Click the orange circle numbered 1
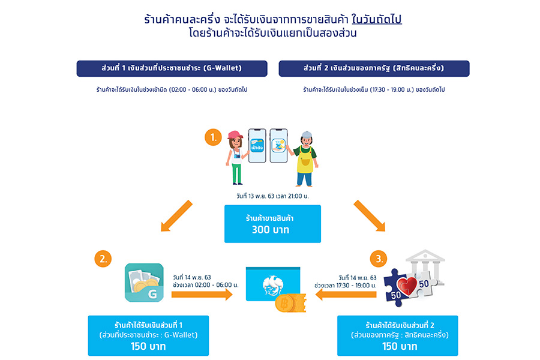[x=213, y=138]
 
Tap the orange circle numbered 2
[x=103, y=259]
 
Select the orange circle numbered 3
[x=379, y=259]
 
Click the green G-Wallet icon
[x=143, y=283]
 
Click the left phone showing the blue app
[x=257, y=146]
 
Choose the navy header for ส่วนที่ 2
[x=374, y=68]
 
